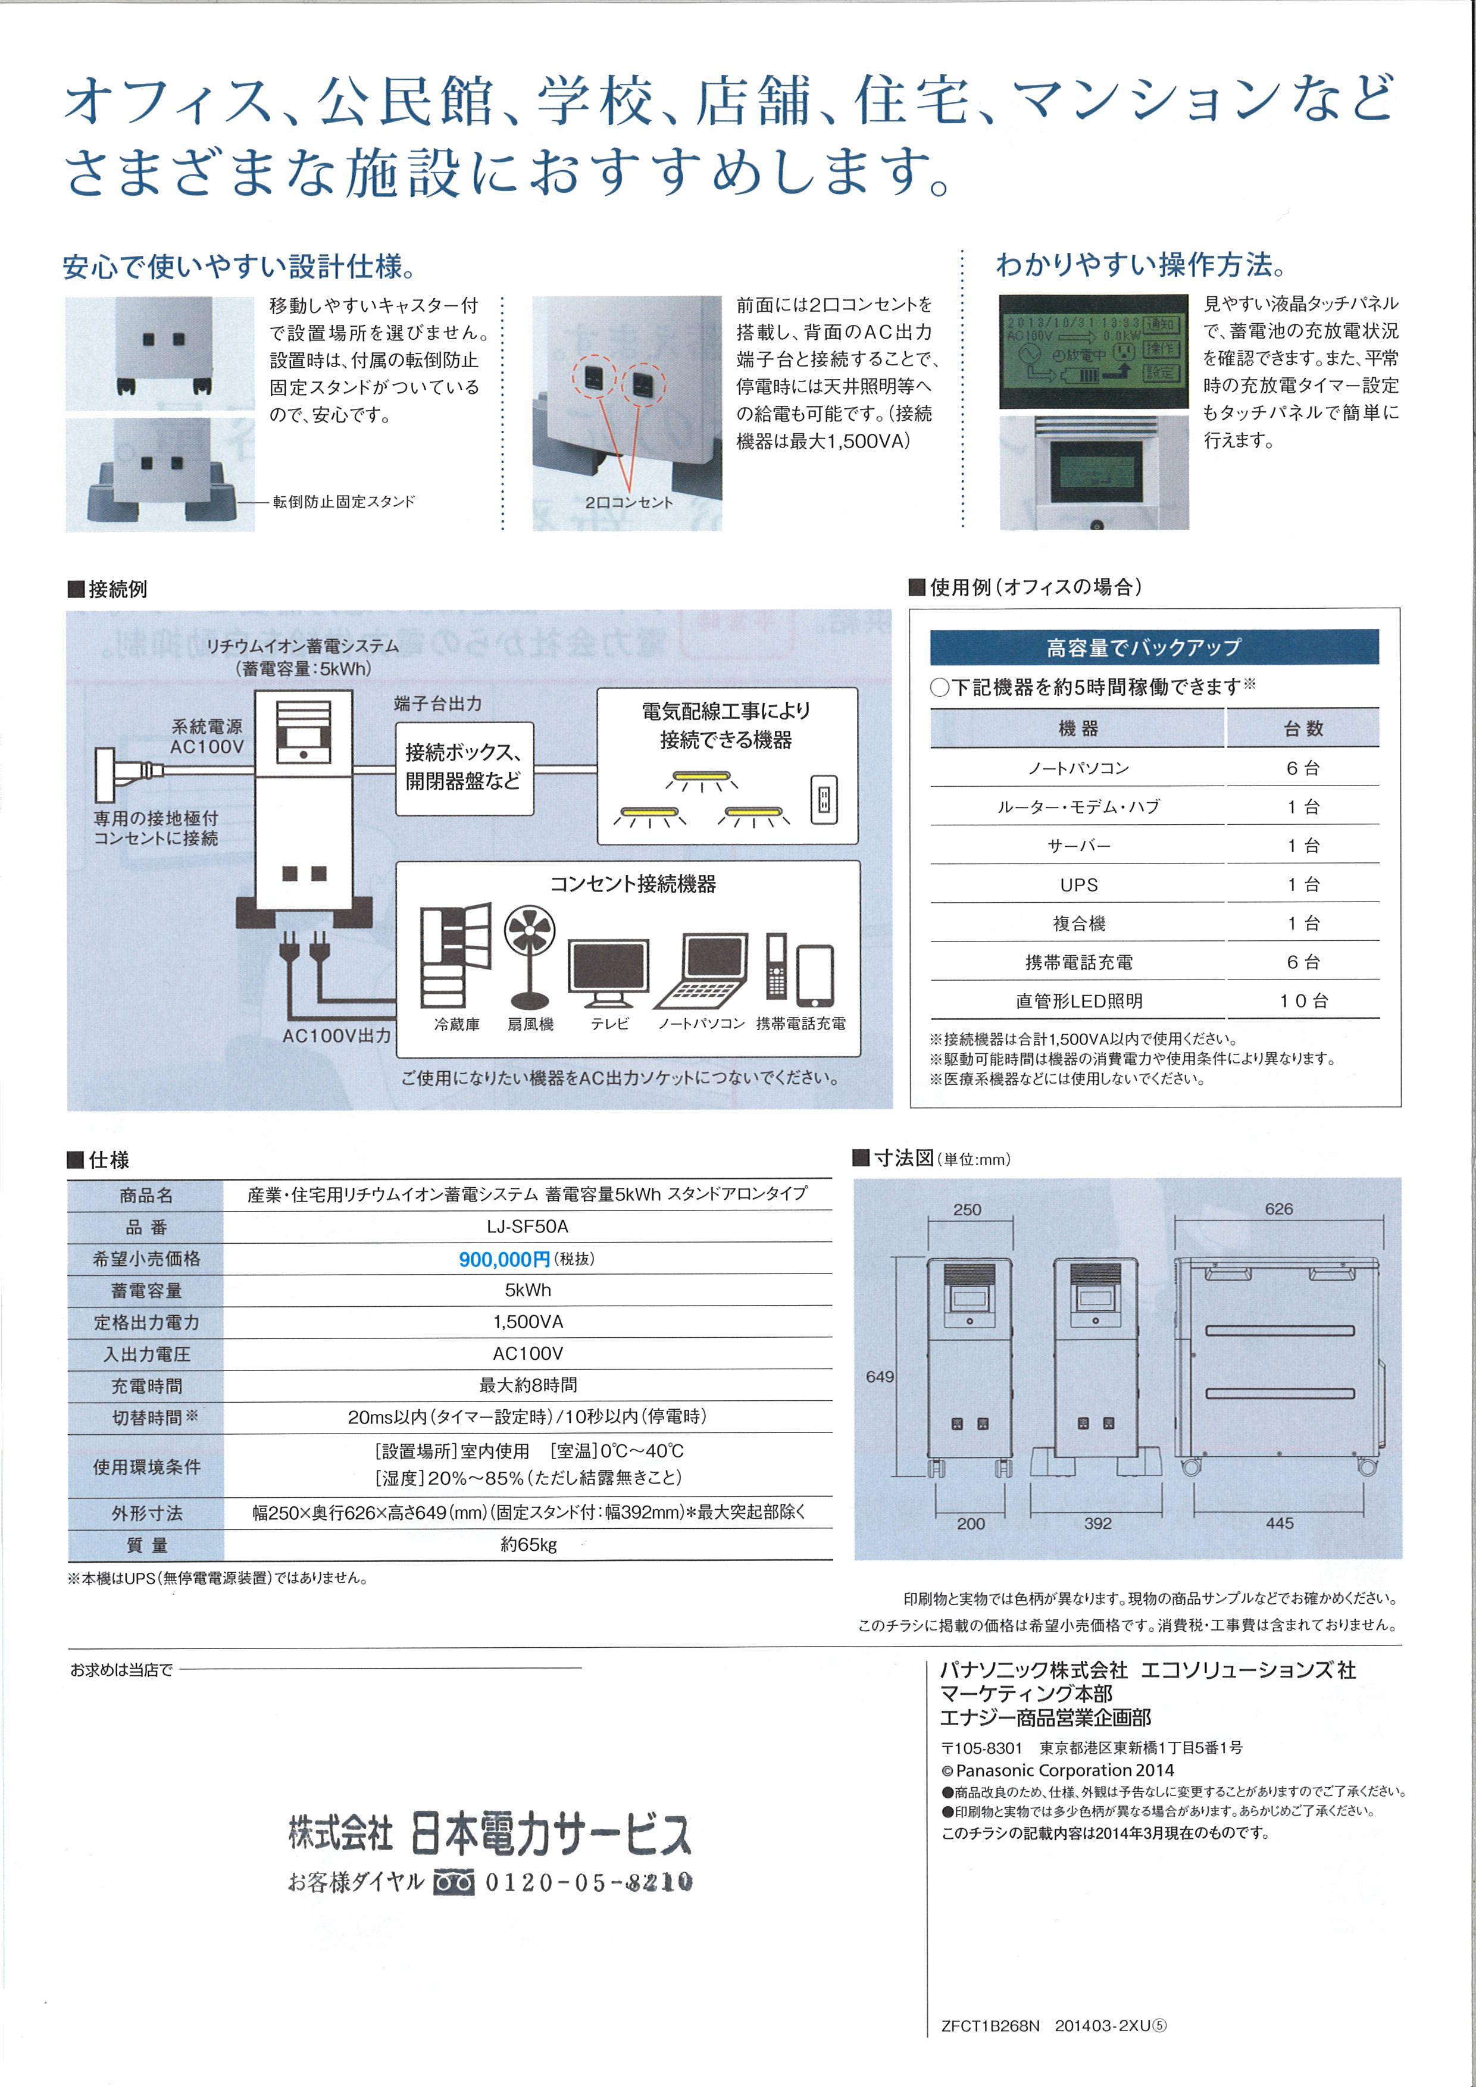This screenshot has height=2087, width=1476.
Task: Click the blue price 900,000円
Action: (505, 1259)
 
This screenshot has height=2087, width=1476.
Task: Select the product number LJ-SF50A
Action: (527, 1226)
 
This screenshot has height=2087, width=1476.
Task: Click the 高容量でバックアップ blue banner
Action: (1153, 647)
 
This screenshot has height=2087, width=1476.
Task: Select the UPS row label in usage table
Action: (1079, 884)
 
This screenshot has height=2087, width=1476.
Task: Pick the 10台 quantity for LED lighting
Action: (1303, 1001)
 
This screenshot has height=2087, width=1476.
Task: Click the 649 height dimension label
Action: (879, 1376)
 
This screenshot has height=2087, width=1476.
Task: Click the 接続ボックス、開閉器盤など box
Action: (464, 767)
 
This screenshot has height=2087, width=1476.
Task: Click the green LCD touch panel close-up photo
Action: (1093, 351)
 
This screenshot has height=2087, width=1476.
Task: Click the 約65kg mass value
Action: (527, 1544)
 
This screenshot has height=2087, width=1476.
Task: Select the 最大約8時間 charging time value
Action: (527, 1385)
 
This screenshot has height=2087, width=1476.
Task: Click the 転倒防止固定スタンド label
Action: (343, 502)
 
